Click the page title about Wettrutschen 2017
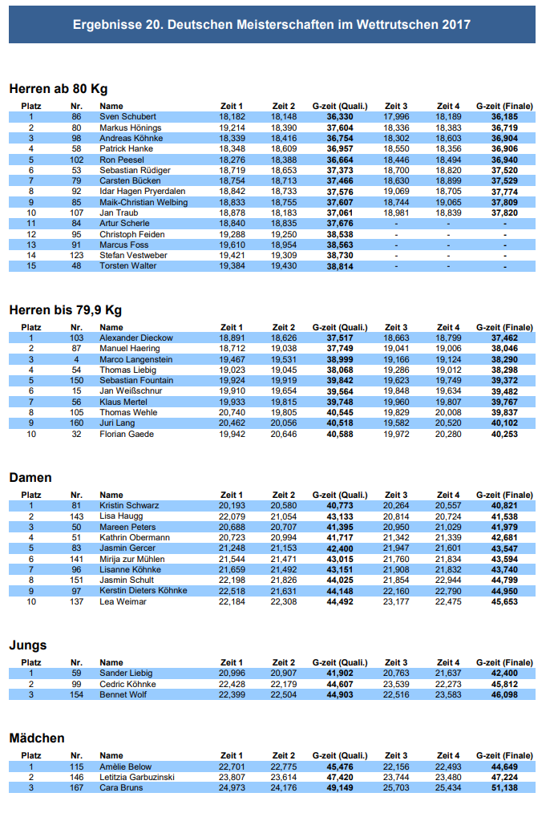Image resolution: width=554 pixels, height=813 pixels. [x=272, y=25]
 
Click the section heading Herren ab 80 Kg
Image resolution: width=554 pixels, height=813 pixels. [x=58, y=88]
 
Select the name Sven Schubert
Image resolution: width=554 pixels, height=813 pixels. [x=127, y=117]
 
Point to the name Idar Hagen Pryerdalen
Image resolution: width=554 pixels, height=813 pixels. [x=142, y=192]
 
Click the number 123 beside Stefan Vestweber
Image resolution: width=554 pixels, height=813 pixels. [x=76, y=255]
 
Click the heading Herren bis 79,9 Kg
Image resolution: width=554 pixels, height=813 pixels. [x=65, y=309]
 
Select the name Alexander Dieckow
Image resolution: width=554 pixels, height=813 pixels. [x=135, y=338]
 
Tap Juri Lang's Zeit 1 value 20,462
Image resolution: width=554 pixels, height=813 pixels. [x=231, y=423]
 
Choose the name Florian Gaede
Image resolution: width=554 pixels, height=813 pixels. [x=126, y=435]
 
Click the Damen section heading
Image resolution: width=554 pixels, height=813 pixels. [x=30, y=477]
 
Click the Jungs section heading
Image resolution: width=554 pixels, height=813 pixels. [x=27, y=645]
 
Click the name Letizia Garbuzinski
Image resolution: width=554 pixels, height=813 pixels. [x=138, y=777]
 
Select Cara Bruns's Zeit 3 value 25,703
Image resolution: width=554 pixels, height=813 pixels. [x=396, y=788]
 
